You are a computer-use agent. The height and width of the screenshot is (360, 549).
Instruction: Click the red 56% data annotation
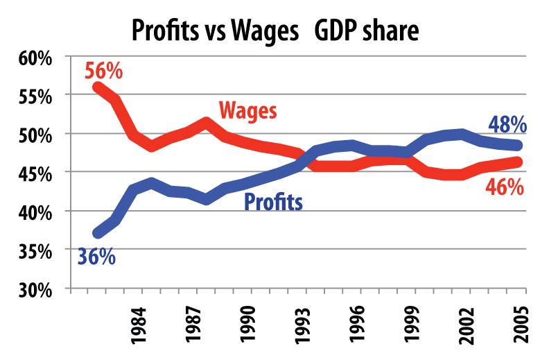pyautogui.click(x=103, y=71)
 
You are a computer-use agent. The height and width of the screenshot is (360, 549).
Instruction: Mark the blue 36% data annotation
pyautogui.click(x=96, y=257)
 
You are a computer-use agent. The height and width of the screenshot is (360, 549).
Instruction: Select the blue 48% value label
pyautogui.click(x=507, y=125)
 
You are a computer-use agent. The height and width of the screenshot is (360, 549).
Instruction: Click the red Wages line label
pyautogui.click(x=247, y=110)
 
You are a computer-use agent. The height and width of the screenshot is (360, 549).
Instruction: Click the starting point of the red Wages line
pyautogui.click(x=98, y=87)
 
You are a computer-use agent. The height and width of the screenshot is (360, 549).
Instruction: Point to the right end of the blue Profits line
pyautogui.click(x=518, y=145)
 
